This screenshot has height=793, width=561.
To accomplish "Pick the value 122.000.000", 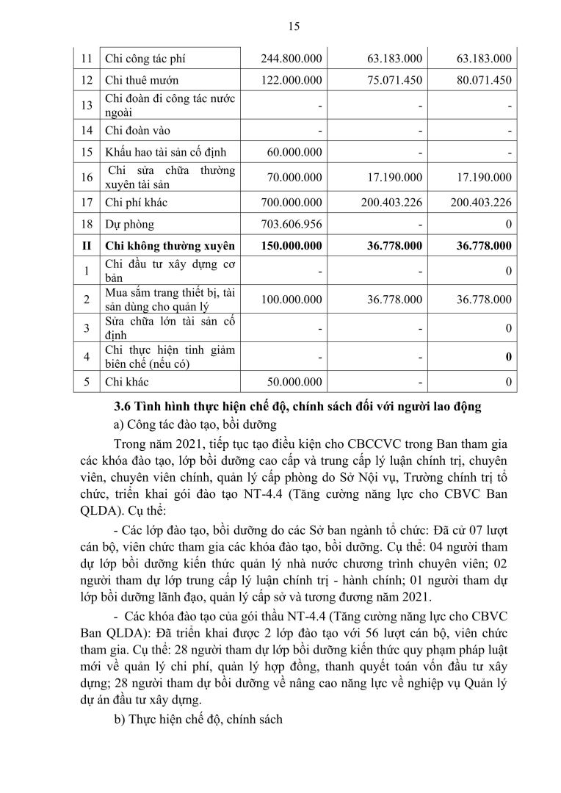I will [x=292, y=81].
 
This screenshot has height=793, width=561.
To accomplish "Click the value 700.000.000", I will [x=292, y=201].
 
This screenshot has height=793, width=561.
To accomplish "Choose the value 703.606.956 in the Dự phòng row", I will [x=292, y=223].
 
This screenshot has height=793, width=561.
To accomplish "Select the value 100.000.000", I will [x=292, y=300].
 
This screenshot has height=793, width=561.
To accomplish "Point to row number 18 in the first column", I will [x=86, y=223].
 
